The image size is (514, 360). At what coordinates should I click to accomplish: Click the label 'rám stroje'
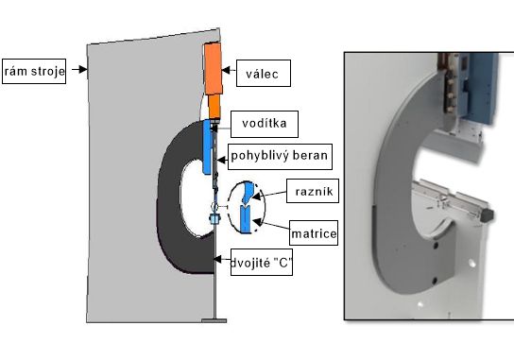coord(34,71)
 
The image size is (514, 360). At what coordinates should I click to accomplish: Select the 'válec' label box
coord(264,73)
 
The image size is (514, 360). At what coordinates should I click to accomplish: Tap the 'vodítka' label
coord(265,124)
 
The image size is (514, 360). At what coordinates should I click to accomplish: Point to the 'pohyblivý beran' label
coord(280,157)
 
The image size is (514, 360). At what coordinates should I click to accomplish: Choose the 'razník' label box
coord(313,191)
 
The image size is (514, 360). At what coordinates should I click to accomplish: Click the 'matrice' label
coord(314,232)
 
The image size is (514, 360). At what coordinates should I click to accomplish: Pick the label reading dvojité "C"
coord(262,263)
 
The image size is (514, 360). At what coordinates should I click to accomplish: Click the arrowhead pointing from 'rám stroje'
coord(83,69)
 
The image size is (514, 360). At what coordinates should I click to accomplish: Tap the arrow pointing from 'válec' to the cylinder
coord(229,70)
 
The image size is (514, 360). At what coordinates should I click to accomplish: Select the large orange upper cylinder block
coord(214,69)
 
